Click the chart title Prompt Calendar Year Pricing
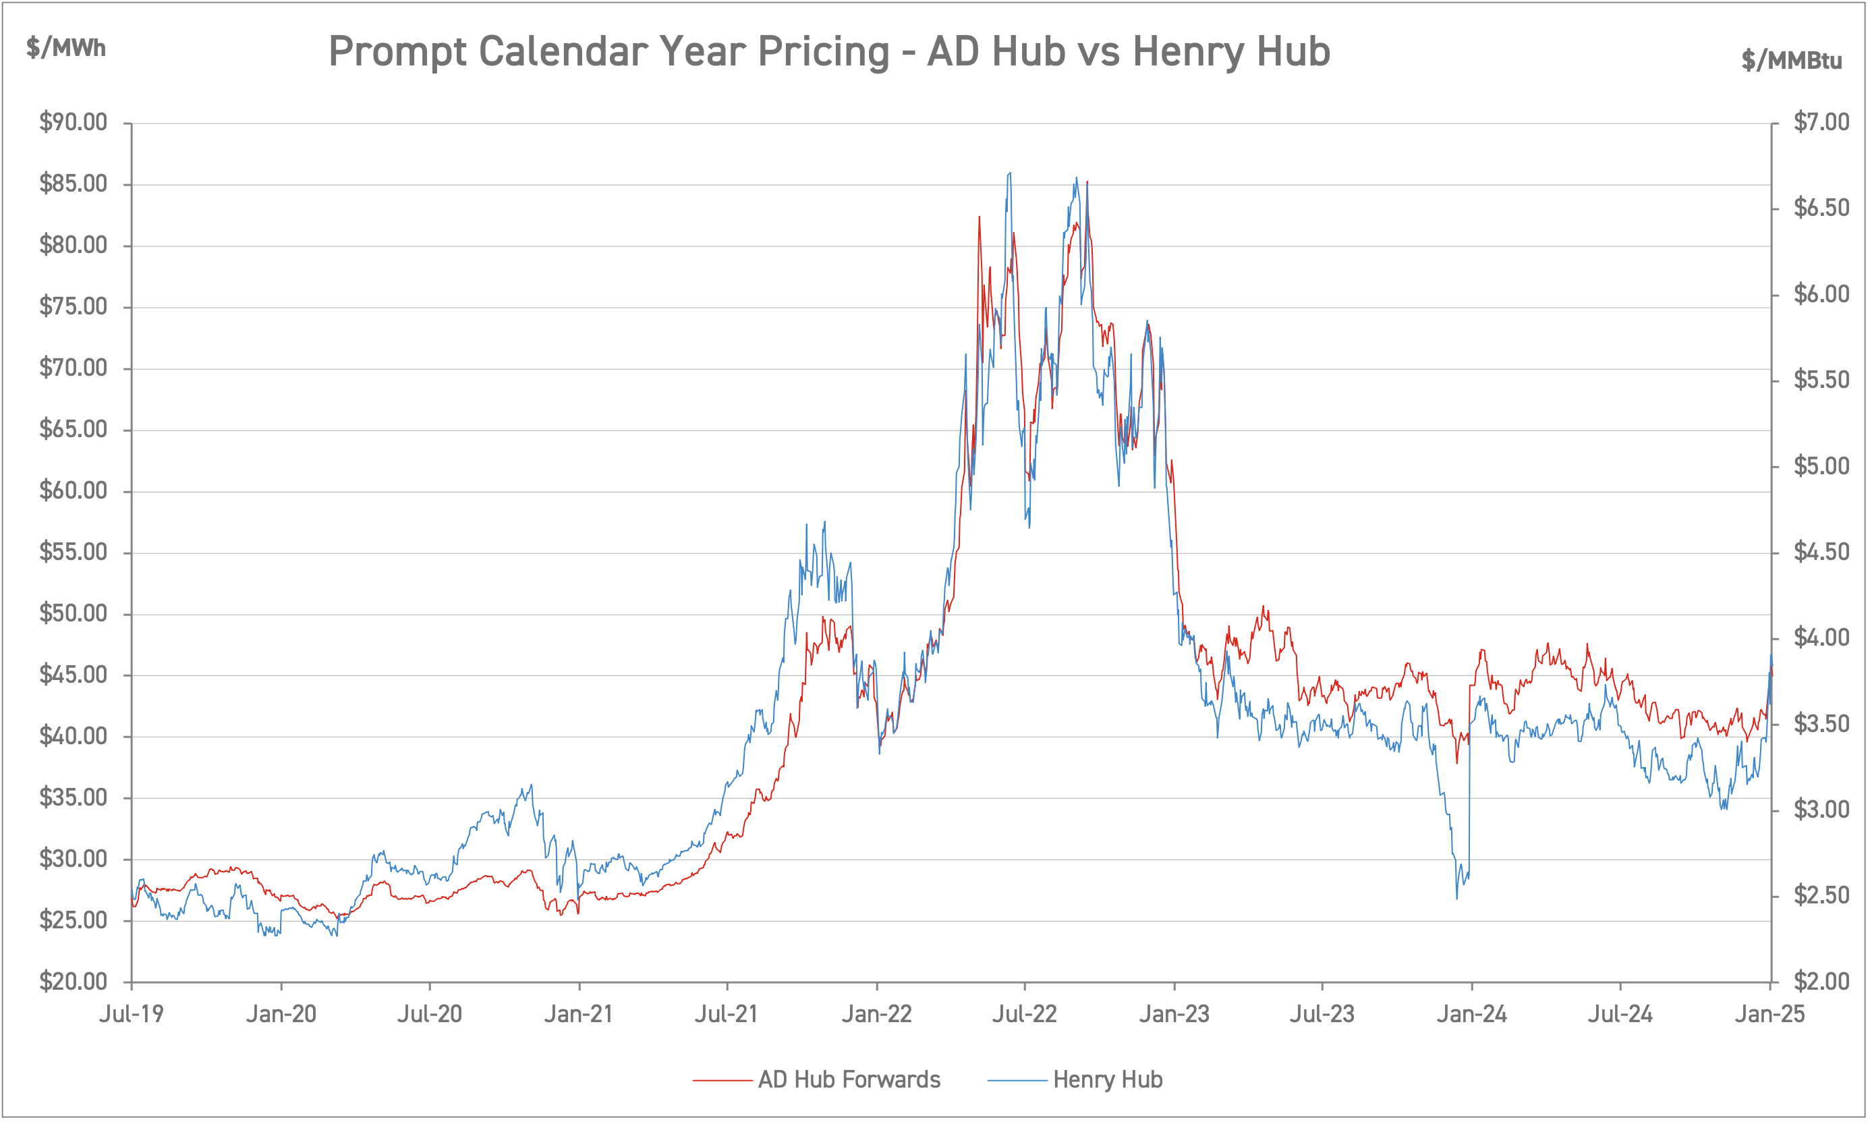(828, 51)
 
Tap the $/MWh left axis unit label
(65, 49)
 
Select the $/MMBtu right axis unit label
(1791, 61)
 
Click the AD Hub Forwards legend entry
(848, 1079)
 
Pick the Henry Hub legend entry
(1106, 1079)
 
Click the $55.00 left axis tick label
(74, 552)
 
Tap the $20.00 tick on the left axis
(74, 982)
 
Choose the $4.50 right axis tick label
(1821, 552)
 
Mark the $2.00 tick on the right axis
(1821, 982)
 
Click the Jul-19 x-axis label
(132, 1014)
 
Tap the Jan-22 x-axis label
(877, 1014)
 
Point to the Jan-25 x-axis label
(1769, 1014)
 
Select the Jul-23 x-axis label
(1322, 1014)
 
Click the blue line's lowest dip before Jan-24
(1456, 897)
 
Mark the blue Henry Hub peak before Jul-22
(1010, 173)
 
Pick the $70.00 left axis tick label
(74, 368)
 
